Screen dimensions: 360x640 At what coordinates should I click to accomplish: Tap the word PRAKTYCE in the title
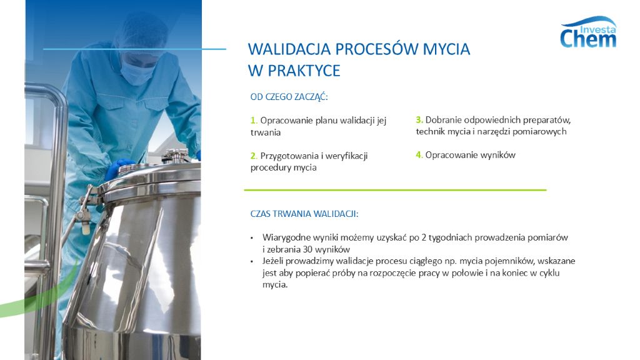pos(304,71)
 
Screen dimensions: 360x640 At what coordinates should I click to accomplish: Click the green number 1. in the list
pos(254,121)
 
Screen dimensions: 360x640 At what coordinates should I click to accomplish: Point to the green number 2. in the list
pos(254,156)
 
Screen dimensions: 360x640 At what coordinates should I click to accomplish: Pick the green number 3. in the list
pos(419,119)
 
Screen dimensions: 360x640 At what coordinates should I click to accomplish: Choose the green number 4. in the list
pos(419,155)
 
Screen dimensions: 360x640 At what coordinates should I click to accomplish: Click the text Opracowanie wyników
pos(470,155)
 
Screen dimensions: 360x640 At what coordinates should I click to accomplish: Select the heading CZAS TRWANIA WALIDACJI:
pos(304,214)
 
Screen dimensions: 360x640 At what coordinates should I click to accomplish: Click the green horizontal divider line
pos(395,189)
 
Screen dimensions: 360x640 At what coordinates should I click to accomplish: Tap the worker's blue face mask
pos(137,71)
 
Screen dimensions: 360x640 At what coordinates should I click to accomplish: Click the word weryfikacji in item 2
pos(342,156)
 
